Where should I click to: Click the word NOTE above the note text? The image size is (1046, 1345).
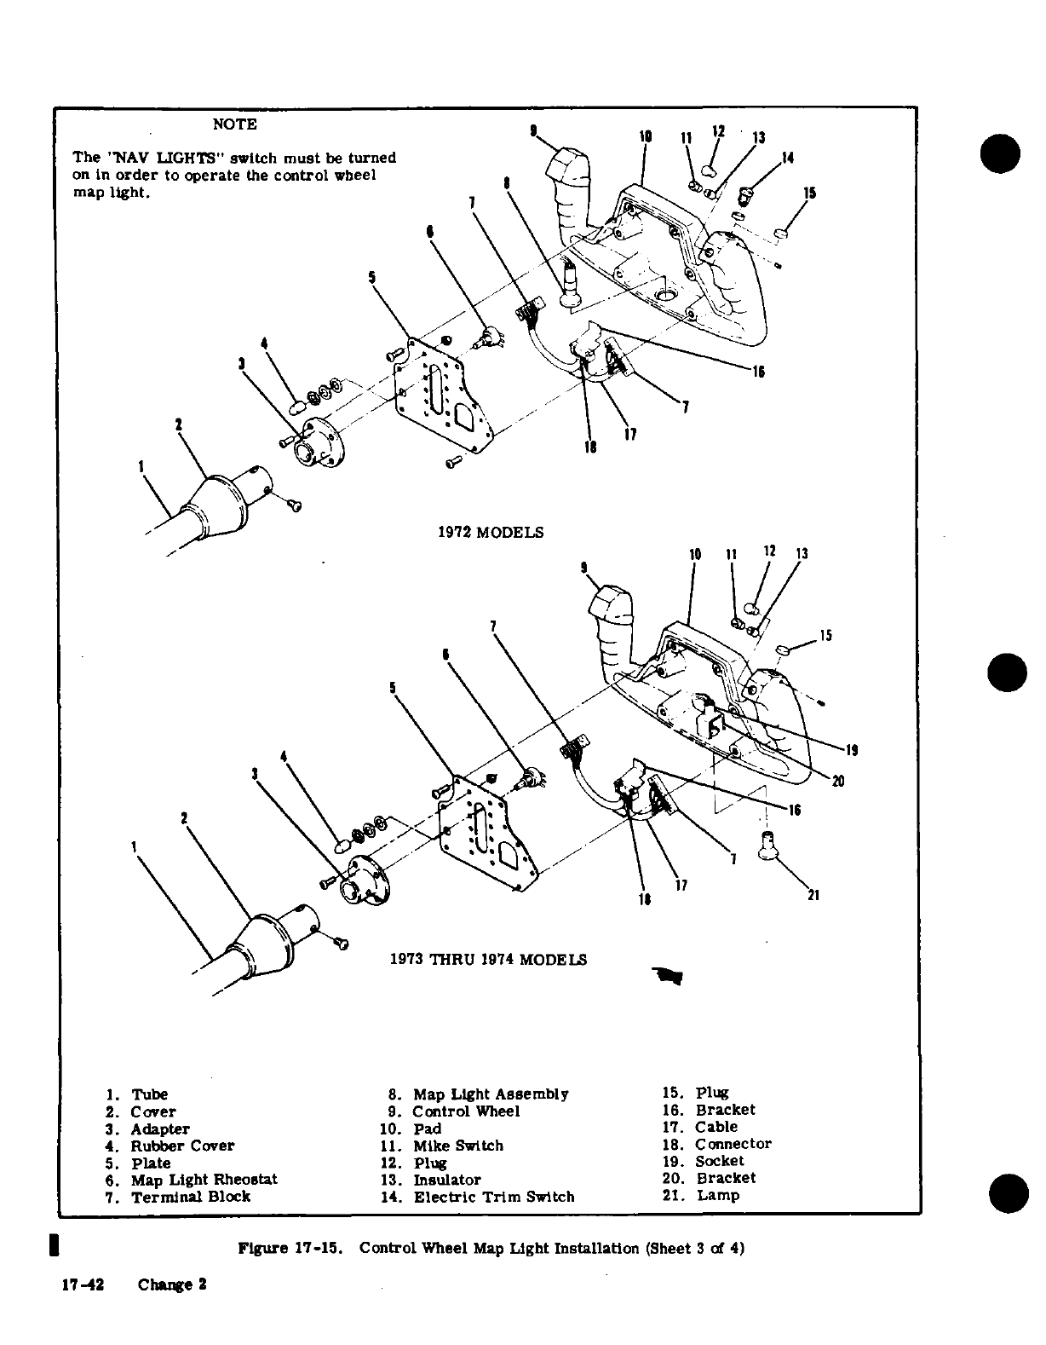coord(234,124)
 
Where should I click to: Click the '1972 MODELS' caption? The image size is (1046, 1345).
coord(490,533)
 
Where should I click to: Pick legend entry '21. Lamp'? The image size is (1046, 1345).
coord(700,1195)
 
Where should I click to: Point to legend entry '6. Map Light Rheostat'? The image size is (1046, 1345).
coord(192,1180)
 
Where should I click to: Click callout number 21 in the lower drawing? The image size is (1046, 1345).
coord(813,895)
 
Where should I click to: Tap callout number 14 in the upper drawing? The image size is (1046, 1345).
coord(787,158)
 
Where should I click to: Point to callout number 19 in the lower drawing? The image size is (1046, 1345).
coord(850,751)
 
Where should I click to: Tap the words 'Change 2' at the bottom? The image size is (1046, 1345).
coord(173,1285)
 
